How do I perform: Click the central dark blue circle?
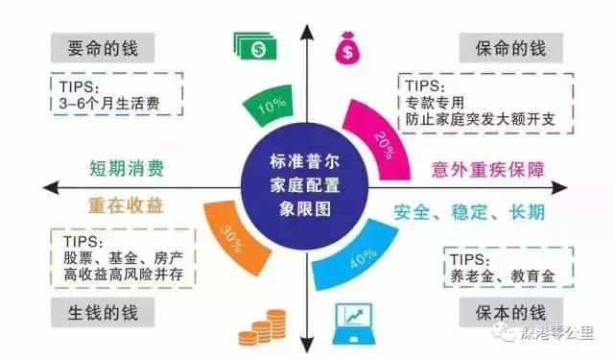point(306,180)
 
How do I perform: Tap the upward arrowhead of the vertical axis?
point(307,29)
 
